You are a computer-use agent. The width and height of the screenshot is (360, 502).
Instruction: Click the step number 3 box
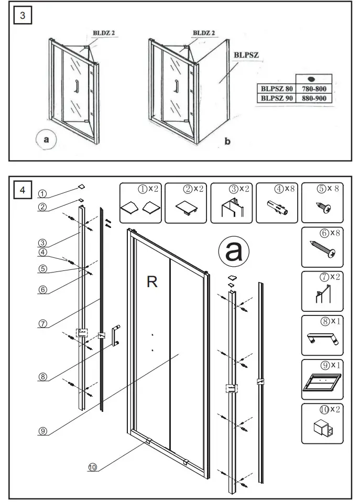coord(22,16)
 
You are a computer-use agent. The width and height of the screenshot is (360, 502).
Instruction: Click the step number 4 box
coord(22,190)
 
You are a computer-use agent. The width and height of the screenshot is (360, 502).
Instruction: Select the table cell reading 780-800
coord(314,89)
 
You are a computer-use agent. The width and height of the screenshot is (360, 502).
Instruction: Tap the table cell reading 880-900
coord(314,97)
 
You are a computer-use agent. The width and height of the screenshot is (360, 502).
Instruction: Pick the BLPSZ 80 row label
coord(276,89)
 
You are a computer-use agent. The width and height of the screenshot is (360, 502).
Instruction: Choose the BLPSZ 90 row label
coord(276,97)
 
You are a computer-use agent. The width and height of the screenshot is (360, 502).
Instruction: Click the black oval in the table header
coord(314,80)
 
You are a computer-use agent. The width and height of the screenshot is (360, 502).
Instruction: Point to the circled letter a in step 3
coord(47,140)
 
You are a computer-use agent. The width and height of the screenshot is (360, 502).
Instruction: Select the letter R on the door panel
coord(152,282)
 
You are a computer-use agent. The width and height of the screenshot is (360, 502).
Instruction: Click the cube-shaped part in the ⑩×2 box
coord(320,429)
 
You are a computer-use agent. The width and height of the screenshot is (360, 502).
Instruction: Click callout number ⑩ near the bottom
coord(92,468)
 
